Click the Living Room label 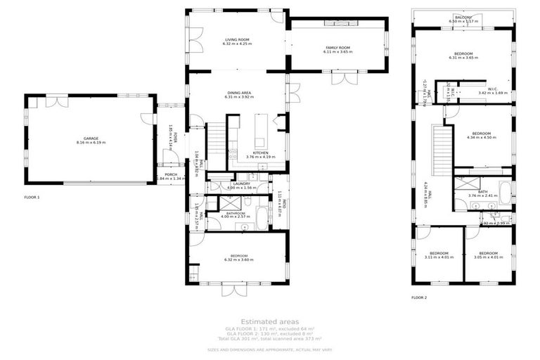(237, 40)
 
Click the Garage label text (90, 139)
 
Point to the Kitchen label (259, 153)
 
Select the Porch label (170, 174)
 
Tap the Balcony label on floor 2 (463, 17)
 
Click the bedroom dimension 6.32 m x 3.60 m (237, 261)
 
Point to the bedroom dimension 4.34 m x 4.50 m (481, 138)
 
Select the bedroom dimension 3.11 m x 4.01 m (439, 257)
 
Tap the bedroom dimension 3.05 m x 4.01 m (488, 257)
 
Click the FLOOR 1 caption (32, 198)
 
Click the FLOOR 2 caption (420, 297)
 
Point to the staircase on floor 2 (440, 149)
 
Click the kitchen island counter (262, 131)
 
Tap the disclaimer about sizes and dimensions (270, 349)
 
